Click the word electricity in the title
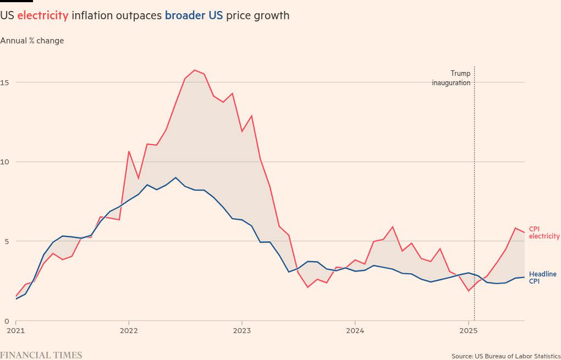pos(43,15)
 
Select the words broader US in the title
pos(194,15)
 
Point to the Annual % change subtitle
pos(32,41)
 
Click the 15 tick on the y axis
pos(4,82)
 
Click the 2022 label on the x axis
pos(129,331)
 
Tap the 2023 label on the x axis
pos(242,331)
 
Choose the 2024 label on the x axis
pos(355,331)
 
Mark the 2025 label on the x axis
pos(468,331)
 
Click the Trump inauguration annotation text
pos(452,78)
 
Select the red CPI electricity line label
pos(544,232)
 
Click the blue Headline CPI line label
pos(542,278)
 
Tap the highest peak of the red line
pos(195,70)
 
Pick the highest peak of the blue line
pos(175,178)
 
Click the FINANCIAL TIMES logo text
pos(41,355)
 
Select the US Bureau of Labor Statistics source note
pos(505,356)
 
